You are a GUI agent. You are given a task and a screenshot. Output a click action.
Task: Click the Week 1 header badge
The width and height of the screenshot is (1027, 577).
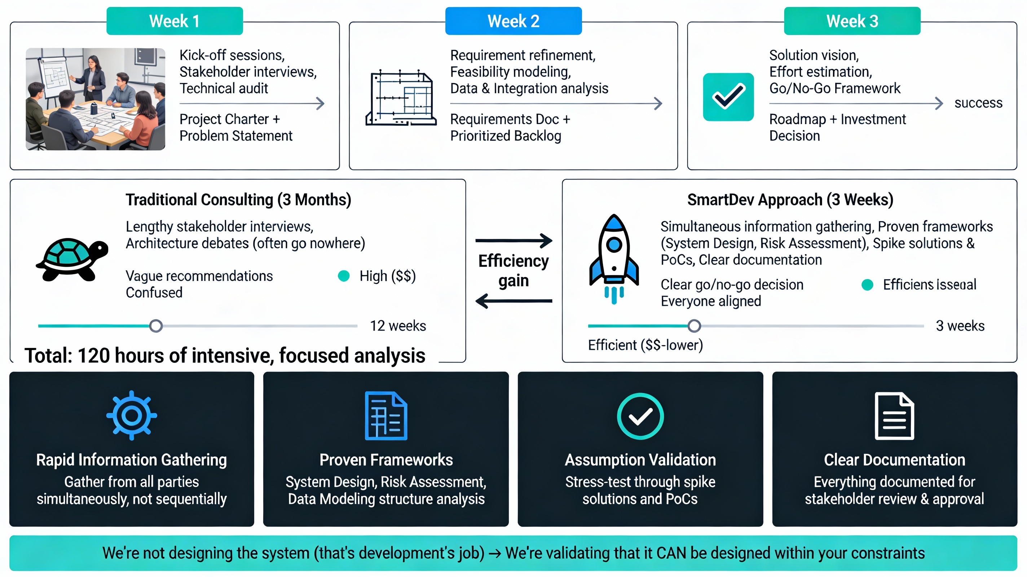[x=174, y=21]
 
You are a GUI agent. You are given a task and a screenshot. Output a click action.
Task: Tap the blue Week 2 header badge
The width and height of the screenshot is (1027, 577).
[x=513, y=21]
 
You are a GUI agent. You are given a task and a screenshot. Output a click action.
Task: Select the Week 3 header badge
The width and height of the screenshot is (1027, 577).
[x=852, y=21]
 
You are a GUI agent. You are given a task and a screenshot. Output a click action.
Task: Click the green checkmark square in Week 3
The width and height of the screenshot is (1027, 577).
[x=728, y=97]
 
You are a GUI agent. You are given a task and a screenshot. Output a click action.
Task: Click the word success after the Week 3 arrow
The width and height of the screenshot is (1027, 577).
[x=978, y=103]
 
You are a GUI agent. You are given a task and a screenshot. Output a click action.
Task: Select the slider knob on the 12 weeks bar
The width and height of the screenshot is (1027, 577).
[x=156, y=326]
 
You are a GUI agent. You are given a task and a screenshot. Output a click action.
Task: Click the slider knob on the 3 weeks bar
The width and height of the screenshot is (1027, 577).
[x=694, y=326]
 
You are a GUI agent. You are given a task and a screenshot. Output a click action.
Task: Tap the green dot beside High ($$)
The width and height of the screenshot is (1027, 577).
[x=343, y=276]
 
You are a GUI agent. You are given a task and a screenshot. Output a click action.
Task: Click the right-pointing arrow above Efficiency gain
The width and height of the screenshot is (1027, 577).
[x=513, y=241]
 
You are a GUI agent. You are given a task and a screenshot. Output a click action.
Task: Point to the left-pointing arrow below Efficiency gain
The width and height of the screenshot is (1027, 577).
[x=513, y=301]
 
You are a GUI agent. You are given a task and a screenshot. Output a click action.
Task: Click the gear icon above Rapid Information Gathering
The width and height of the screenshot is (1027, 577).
[x=132, y=415]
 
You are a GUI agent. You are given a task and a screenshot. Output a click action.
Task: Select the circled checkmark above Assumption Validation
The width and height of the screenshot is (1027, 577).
[x=640, y=416]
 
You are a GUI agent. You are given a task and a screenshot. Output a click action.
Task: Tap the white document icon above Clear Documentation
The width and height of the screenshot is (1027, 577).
[x=894, y=416]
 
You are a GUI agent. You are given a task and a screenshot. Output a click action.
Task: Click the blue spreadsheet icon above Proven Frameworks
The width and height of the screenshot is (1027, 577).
[x=386, y=416]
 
